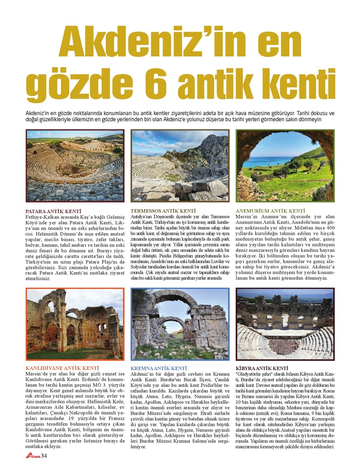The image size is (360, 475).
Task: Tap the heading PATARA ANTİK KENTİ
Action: click(53, 211)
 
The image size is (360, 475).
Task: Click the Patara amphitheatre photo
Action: click(75, 166)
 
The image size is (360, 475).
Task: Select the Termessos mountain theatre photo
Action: click(180, 166)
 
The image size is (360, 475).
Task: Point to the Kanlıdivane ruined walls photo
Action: click(75, 324)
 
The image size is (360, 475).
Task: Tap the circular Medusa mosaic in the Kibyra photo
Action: click(284, 346)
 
